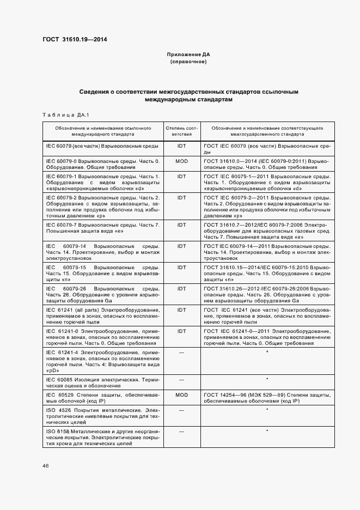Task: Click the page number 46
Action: click(x=46, y=466)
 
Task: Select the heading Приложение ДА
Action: click(x=188, y=55)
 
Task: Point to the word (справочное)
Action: click(x=188, y=62)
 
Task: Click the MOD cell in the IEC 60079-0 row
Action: click(x=181, y=162)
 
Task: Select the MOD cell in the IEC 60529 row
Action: click(x=181, y=394)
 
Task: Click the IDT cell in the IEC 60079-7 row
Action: click(x=181, y=224)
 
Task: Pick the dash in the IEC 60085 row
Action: click(x=181, y=379)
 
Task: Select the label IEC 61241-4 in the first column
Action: click(x=63, y=353)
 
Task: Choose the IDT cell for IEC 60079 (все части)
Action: click(x=181, y=146)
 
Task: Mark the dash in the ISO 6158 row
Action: click(x=181, y=431)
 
